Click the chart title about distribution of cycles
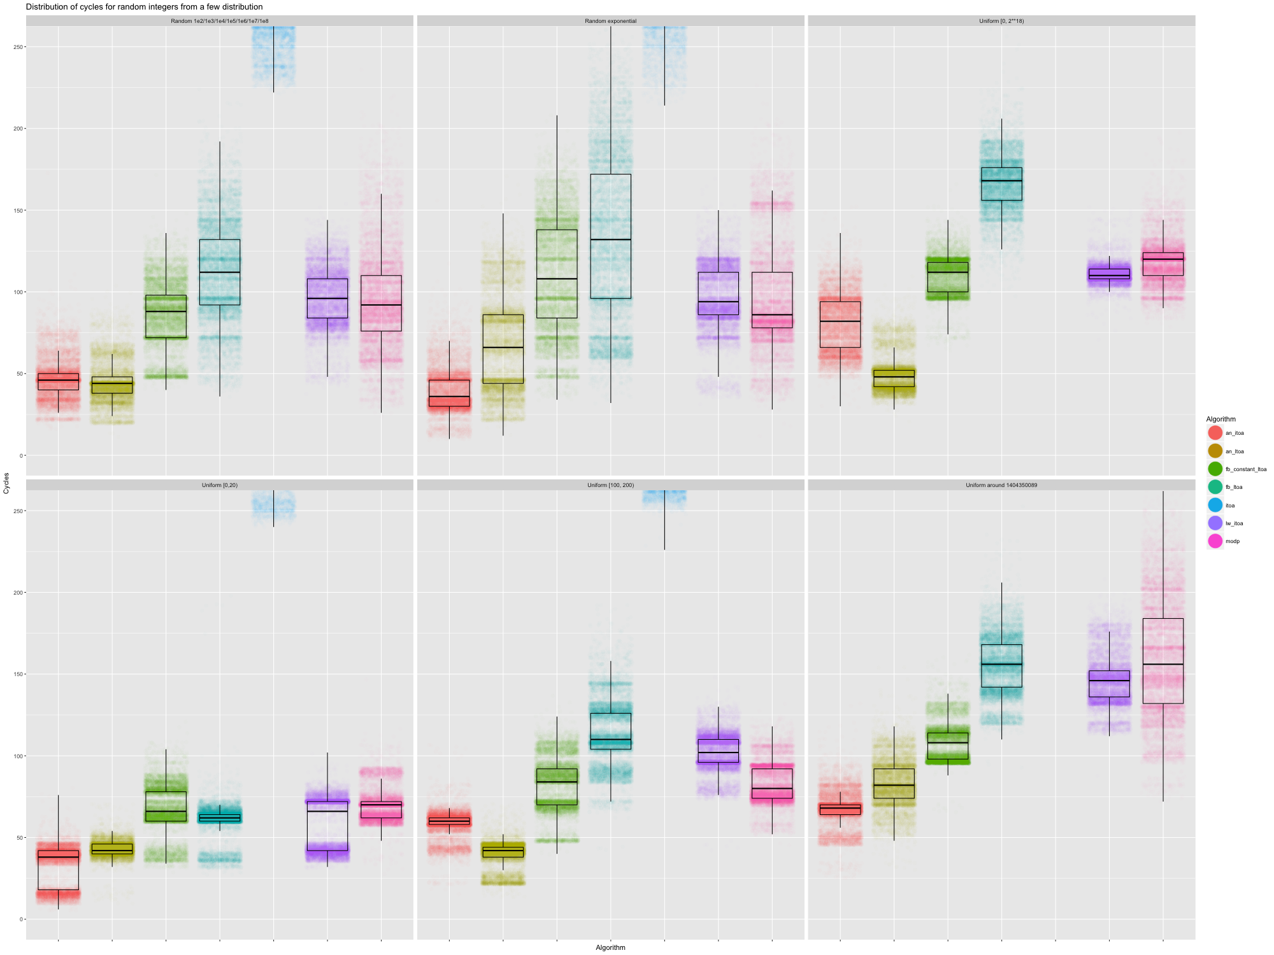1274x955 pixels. [x=144, y=7]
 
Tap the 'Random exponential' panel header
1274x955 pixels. [x=610, y=21]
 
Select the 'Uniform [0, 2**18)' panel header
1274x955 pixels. [x=1001, y=21]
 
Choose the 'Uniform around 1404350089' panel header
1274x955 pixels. [x=1001, y=485]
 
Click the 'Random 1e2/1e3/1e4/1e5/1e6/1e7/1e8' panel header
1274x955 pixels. [x=220, y=21]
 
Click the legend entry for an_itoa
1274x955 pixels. [x=1234, y=433]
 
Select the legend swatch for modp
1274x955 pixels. [x=1215, y=541]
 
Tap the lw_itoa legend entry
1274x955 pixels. [x=1234, y=523]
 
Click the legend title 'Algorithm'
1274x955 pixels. [x=1220, y=419]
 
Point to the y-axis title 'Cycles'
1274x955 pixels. [x=6, y=483]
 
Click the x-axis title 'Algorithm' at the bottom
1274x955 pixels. [x=610, y=947]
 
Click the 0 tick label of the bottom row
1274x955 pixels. [x=22, y=919]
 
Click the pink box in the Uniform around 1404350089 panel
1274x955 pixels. [x=1163, y=661]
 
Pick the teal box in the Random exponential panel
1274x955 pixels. [x=610, y=236]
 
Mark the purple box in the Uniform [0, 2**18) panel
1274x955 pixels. [x=1109, y=274]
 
